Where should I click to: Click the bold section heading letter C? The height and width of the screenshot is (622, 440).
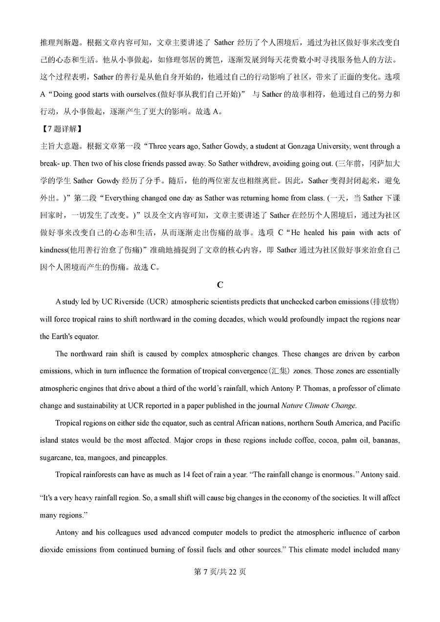[x=220, y=284]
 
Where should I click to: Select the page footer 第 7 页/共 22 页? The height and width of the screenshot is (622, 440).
[x=220, y=572]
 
